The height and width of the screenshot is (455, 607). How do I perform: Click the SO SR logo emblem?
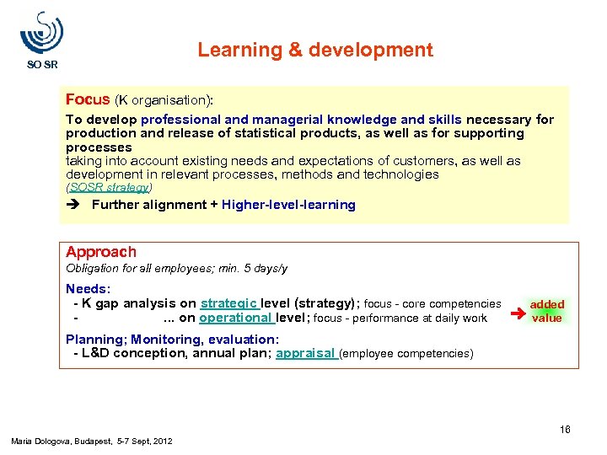pyautogui.click(x=41, y=34)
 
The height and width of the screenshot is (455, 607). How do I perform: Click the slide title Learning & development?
pyautogui.click(x=315, y=50)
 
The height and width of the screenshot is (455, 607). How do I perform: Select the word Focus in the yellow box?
pyautogui.click(x=88, y=99)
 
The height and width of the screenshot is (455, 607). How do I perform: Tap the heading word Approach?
pyautogui.click(x=101, y=252)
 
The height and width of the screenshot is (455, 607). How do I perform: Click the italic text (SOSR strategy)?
pyautogui.click(x=109, y=187)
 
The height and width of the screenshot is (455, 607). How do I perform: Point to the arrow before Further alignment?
pyautogui.click(x=74, y=205)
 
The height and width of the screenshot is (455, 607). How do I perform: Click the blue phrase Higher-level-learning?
pyautogui.click(x=288, y=205)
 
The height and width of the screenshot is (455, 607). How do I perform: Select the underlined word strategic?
pyautogui.click(x=229, y=303)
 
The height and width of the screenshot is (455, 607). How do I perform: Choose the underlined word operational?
pyautogui.click(x=235, y=318)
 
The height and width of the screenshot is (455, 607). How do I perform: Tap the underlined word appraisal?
pyautogui.click(x=306, y=353)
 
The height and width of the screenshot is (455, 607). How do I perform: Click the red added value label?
pyautogui.click(x=546, y=311)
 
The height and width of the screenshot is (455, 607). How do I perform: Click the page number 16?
pyautogui.click(x=565, y=430)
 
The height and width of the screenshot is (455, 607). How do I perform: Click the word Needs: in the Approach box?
pyautogui.click(x=87, y=289)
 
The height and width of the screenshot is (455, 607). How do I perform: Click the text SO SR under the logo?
pyautogui.click(x=42, y=64)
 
